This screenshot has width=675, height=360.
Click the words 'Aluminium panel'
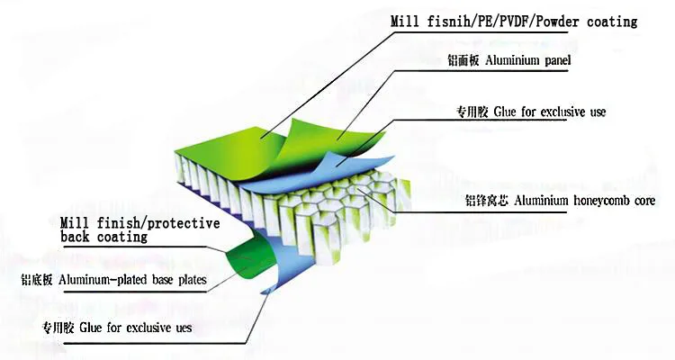pos(527,61)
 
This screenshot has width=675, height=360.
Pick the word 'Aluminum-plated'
pos(103,281)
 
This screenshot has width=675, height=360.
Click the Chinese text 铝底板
pos(37,281)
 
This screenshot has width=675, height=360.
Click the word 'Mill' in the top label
pos(404,21)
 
